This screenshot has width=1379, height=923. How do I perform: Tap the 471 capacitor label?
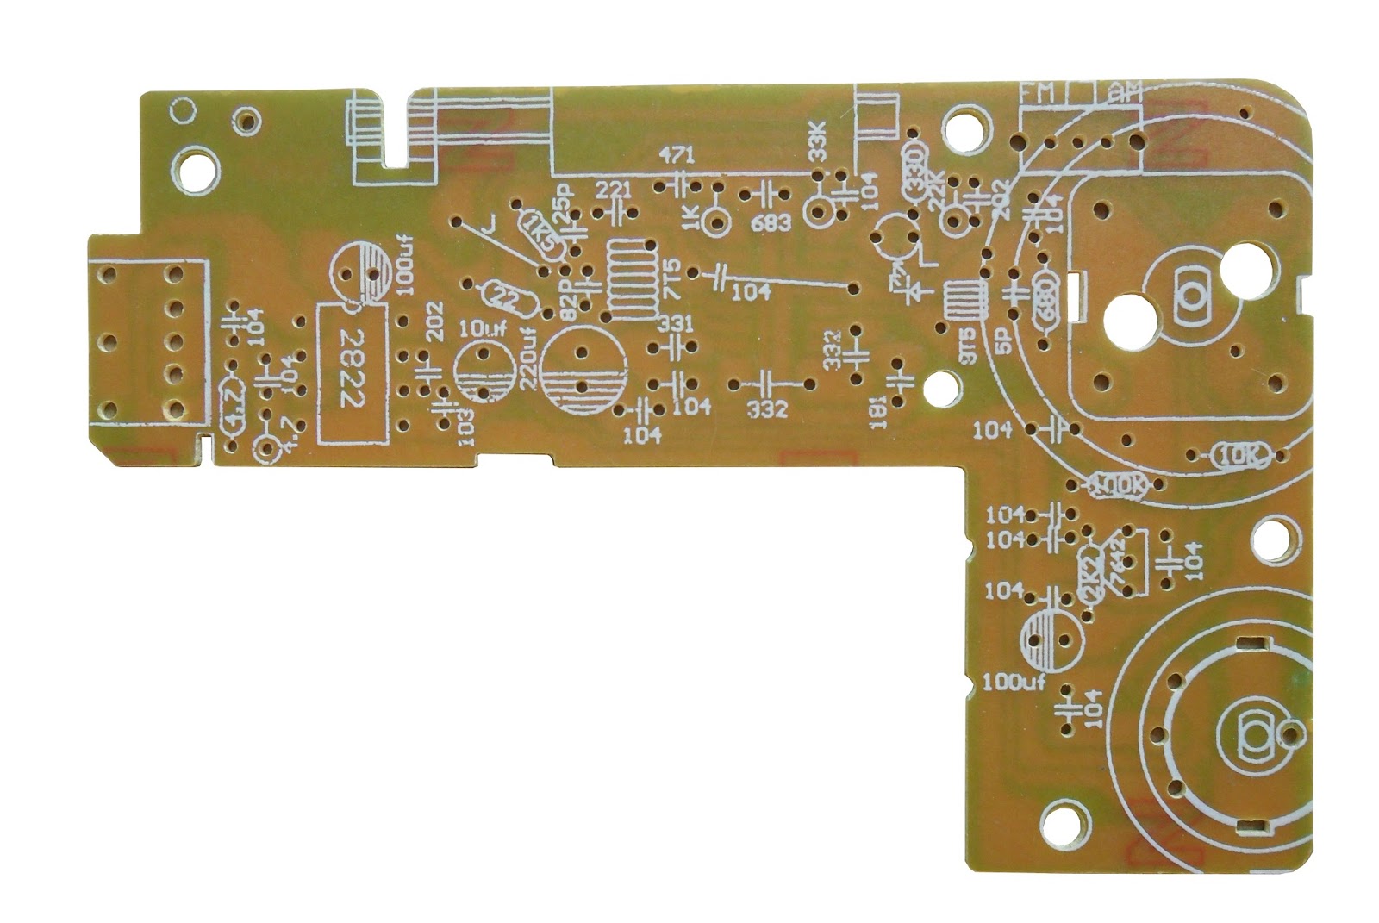678,156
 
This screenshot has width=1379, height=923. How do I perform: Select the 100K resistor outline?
1118,487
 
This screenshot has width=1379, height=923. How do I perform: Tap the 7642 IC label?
1120,564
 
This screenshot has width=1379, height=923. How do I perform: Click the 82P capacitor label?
567,303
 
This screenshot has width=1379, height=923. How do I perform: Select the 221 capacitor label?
613,189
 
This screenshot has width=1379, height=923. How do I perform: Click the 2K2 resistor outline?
1089,571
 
